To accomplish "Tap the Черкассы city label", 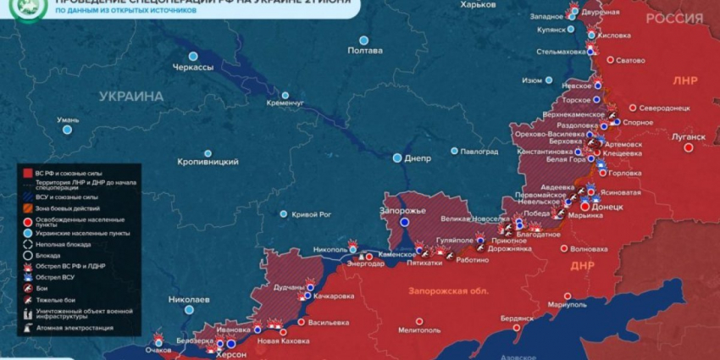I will tap(193, 67).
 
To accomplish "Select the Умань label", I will tap(67, 119).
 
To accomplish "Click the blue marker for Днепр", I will tap(397, 158).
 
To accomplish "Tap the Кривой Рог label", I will tap(311, 215).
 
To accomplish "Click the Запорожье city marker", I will tap(404, 222).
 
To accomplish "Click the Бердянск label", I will tap(517, 318).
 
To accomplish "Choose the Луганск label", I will tap(687, 136).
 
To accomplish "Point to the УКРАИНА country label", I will tap(130, 97).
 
